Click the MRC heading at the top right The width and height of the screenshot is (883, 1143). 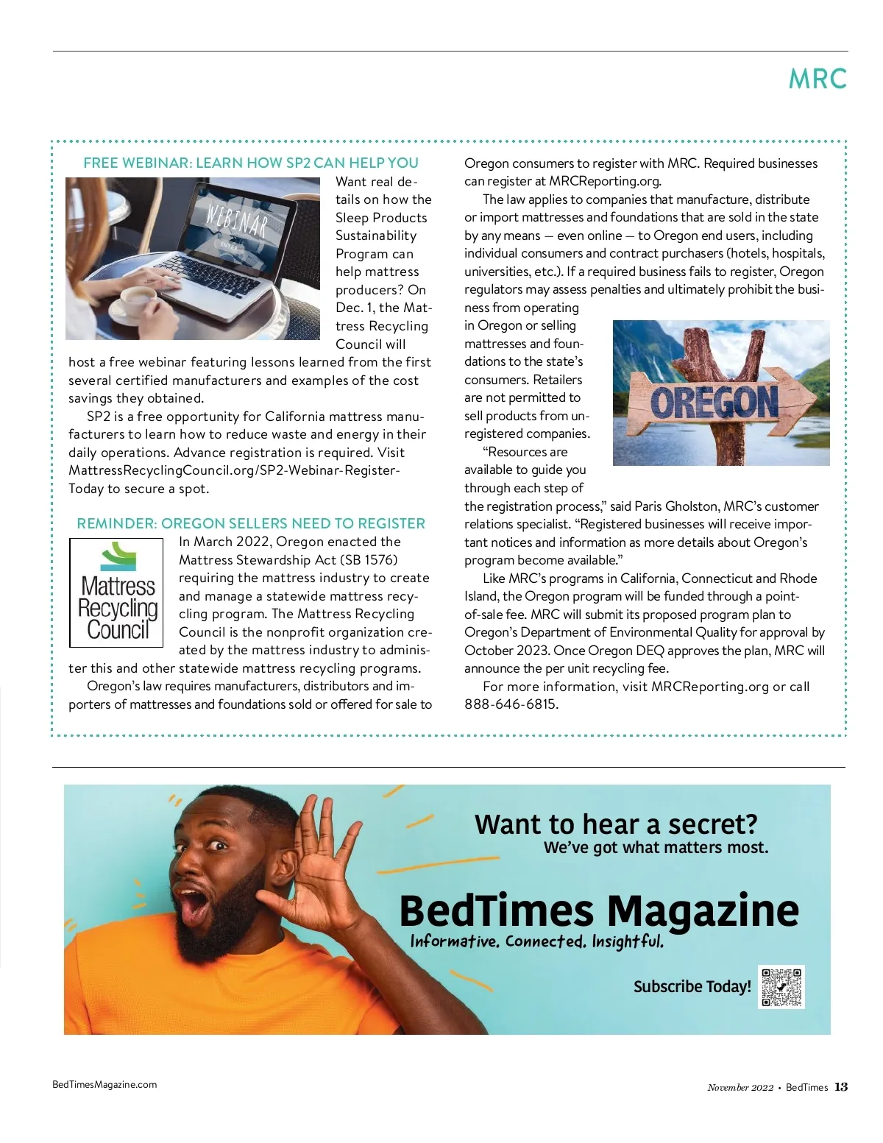(817, 79)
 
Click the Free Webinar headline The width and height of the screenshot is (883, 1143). (251, 163)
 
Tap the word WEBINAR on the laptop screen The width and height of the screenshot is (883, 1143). (237, 220)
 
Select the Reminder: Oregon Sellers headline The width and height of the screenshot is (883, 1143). (251, 524)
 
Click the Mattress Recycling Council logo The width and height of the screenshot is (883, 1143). (116, 592)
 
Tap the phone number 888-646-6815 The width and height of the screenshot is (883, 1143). (511, 704)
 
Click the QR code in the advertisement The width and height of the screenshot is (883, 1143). (781, 987)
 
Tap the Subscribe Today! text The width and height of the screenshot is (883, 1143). (692, 987)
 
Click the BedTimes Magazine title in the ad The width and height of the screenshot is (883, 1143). (599, 911)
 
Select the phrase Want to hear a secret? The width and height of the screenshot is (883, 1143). (615, 824)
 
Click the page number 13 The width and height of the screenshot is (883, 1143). (841, 1087)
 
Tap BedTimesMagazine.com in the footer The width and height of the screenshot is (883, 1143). (104, 1084)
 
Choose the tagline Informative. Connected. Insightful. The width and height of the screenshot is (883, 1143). (536, 941)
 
